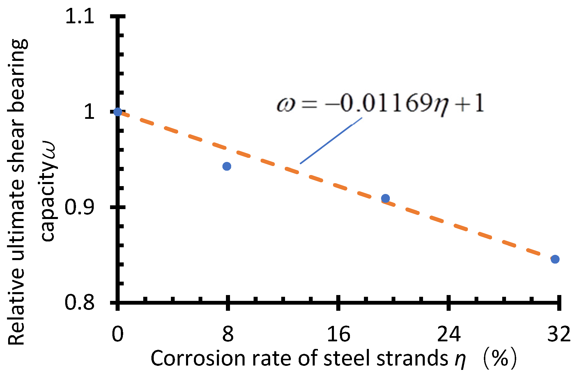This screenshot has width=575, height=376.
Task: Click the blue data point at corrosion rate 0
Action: [x=118, y=112]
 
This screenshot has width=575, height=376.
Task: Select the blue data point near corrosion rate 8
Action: [x=227, y=166]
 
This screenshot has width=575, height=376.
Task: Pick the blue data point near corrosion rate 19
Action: [x=385, y=198]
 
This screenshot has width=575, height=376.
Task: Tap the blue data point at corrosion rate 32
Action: [x=555, y=259]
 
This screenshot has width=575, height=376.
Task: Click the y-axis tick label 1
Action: [x=89, y=112]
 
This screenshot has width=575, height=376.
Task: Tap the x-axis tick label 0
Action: [x=118, y=334]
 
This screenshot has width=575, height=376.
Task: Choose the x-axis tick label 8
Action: [x=228, y=334]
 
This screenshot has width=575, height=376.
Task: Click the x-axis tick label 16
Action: [x=338, y=334]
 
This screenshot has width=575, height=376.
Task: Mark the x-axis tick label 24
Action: [x=449, y=334]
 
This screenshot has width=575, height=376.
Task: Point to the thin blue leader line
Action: [x=331, y=141]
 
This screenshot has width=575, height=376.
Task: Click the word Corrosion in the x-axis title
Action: [x=198, y=358]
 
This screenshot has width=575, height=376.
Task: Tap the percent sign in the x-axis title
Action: [x=500, y=358]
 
